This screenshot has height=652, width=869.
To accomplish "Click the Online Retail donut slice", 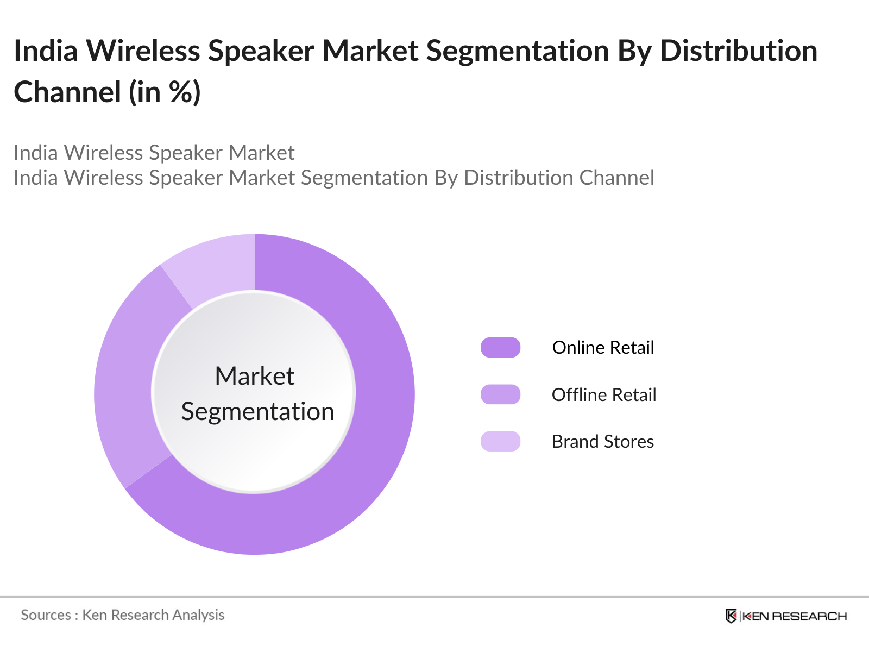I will click(x=375, y=435).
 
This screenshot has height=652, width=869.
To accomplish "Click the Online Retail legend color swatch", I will click(x=500, y=348).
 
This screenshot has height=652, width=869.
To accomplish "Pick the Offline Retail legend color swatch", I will click(x=500, y=394).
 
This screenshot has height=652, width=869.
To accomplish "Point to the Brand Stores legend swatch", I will click(x=500, y=441).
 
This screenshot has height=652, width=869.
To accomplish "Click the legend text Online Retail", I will click(x=603, y=348).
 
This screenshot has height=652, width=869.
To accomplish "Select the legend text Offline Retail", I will click(x=604, y=394).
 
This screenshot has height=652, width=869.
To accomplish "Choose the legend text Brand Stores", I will click(x=603, y=441).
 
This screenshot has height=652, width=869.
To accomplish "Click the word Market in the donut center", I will click(x=255, y=376).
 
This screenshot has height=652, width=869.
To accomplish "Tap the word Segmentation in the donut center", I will click(x=257, y=411).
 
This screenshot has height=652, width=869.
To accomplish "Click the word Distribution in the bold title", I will click(x=739, y=51).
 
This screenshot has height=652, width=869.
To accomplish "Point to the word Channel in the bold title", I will click(x=67, y=92).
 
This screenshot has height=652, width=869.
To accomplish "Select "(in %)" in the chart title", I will click(x=165, y=92).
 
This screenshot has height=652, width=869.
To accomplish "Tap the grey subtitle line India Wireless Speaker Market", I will click(x=154, y=153).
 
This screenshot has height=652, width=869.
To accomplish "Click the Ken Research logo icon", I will click(x=731, y=616).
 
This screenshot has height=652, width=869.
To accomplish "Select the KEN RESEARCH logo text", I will click(x=794, y=616).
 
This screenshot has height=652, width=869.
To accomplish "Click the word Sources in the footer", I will click(x=46, y=615).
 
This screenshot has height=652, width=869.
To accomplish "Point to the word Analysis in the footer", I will click(x=198, y=615).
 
